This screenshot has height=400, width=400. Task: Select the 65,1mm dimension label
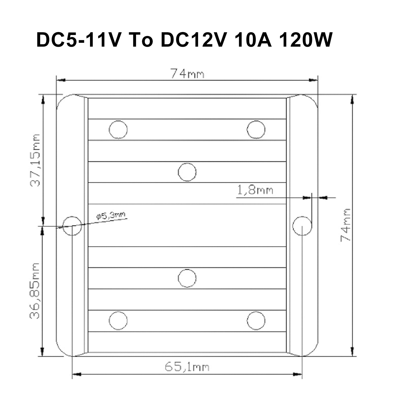187,367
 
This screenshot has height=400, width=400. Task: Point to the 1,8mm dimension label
255,191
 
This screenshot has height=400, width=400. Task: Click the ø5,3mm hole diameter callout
111,215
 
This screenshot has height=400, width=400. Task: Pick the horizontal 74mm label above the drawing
187,74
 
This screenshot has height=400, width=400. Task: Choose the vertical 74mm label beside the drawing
346,225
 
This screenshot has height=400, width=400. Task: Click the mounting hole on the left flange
72,226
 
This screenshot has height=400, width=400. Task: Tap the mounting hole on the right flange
302,226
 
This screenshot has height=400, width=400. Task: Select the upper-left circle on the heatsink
118,129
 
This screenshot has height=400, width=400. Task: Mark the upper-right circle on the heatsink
256,129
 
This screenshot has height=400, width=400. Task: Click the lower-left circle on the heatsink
118,321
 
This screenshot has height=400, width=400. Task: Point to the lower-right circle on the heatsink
256,321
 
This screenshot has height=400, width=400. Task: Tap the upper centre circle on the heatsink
187,172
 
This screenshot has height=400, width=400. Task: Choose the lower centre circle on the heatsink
187,278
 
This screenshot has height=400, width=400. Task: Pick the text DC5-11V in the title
78,40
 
